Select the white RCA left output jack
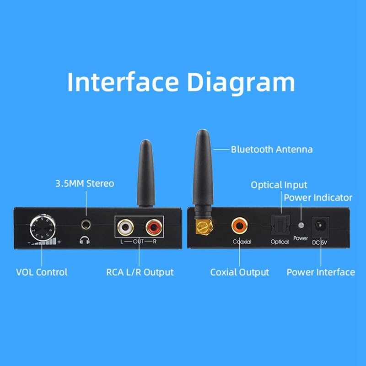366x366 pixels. pyautogui.click(x=125, y=226)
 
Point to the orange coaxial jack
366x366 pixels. pyautogui.click(x=239, y=225)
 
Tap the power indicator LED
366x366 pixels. pyautogui.click(x=301, y=226)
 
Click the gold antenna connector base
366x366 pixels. pyautogui.click(x=202, y=226)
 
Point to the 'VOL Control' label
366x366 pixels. pyautogui.click(x=42, y=272)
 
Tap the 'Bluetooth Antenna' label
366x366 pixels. pyautogui.click(x=272, y=149)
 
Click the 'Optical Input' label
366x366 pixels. pyautogui.click(x=279, y=185)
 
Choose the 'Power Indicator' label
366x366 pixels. pyautogui.click(x=318, y=198)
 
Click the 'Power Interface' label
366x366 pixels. pyautogui.click(x=321, y=272)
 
